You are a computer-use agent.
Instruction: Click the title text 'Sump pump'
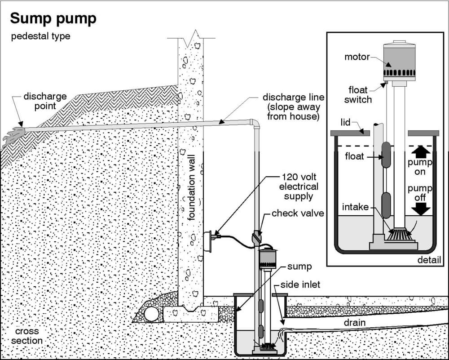(53, 18)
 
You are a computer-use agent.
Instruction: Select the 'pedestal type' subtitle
(41, 36)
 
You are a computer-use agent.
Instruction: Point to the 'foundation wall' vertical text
(192, 184)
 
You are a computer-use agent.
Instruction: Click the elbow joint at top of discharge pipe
(255, 123)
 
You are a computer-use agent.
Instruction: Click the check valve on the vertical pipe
(257, 237)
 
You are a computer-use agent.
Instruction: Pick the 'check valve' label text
(297, 213)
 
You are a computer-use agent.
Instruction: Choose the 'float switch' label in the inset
(358, 95)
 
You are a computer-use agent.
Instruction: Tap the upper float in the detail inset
(386, 155)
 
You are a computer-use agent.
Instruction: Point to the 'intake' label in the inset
(355, 207)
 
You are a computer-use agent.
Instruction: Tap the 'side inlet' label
(300, 285)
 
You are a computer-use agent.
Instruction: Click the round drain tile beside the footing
(152, 314)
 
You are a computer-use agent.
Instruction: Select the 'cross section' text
(27, 335)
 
